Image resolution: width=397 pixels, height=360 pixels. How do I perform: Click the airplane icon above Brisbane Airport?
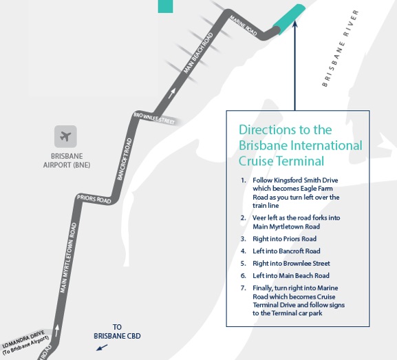[65, 136]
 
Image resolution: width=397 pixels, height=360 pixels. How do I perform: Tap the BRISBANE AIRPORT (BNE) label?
[67, 160]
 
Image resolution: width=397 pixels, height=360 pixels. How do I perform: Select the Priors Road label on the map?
[94, 199]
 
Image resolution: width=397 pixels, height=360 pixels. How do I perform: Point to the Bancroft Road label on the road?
[125, 159]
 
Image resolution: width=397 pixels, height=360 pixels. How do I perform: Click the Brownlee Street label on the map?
[154, 118]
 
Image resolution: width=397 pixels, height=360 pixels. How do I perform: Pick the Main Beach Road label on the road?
[198, 53]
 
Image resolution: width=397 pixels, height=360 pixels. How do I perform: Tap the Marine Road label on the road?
[243, 25]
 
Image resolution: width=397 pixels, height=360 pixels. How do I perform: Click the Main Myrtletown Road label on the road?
[68, 258]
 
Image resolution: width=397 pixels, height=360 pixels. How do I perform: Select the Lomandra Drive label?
[25, 342]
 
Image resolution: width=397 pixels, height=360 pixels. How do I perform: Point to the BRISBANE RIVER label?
[341, 48]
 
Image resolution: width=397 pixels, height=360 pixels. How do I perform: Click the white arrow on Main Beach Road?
[171, 94]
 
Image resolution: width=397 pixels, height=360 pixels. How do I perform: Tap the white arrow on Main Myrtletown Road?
[57, 330]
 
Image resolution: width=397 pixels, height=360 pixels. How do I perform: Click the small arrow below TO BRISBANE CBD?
[102, 348]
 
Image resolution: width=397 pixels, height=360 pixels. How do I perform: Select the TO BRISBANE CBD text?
[117, 331]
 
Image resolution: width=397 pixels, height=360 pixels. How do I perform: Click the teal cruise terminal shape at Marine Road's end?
[289, 19]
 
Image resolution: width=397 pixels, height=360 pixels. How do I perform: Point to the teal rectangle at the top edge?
[165, 6]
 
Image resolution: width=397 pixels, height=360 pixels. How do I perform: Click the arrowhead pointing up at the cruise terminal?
[294, 23]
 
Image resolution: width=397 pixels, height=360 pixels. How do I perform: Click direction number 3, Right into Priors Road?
[279, 239]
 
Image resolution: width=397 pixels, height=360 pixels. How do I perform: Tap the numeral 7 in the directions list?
[243, 288]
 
